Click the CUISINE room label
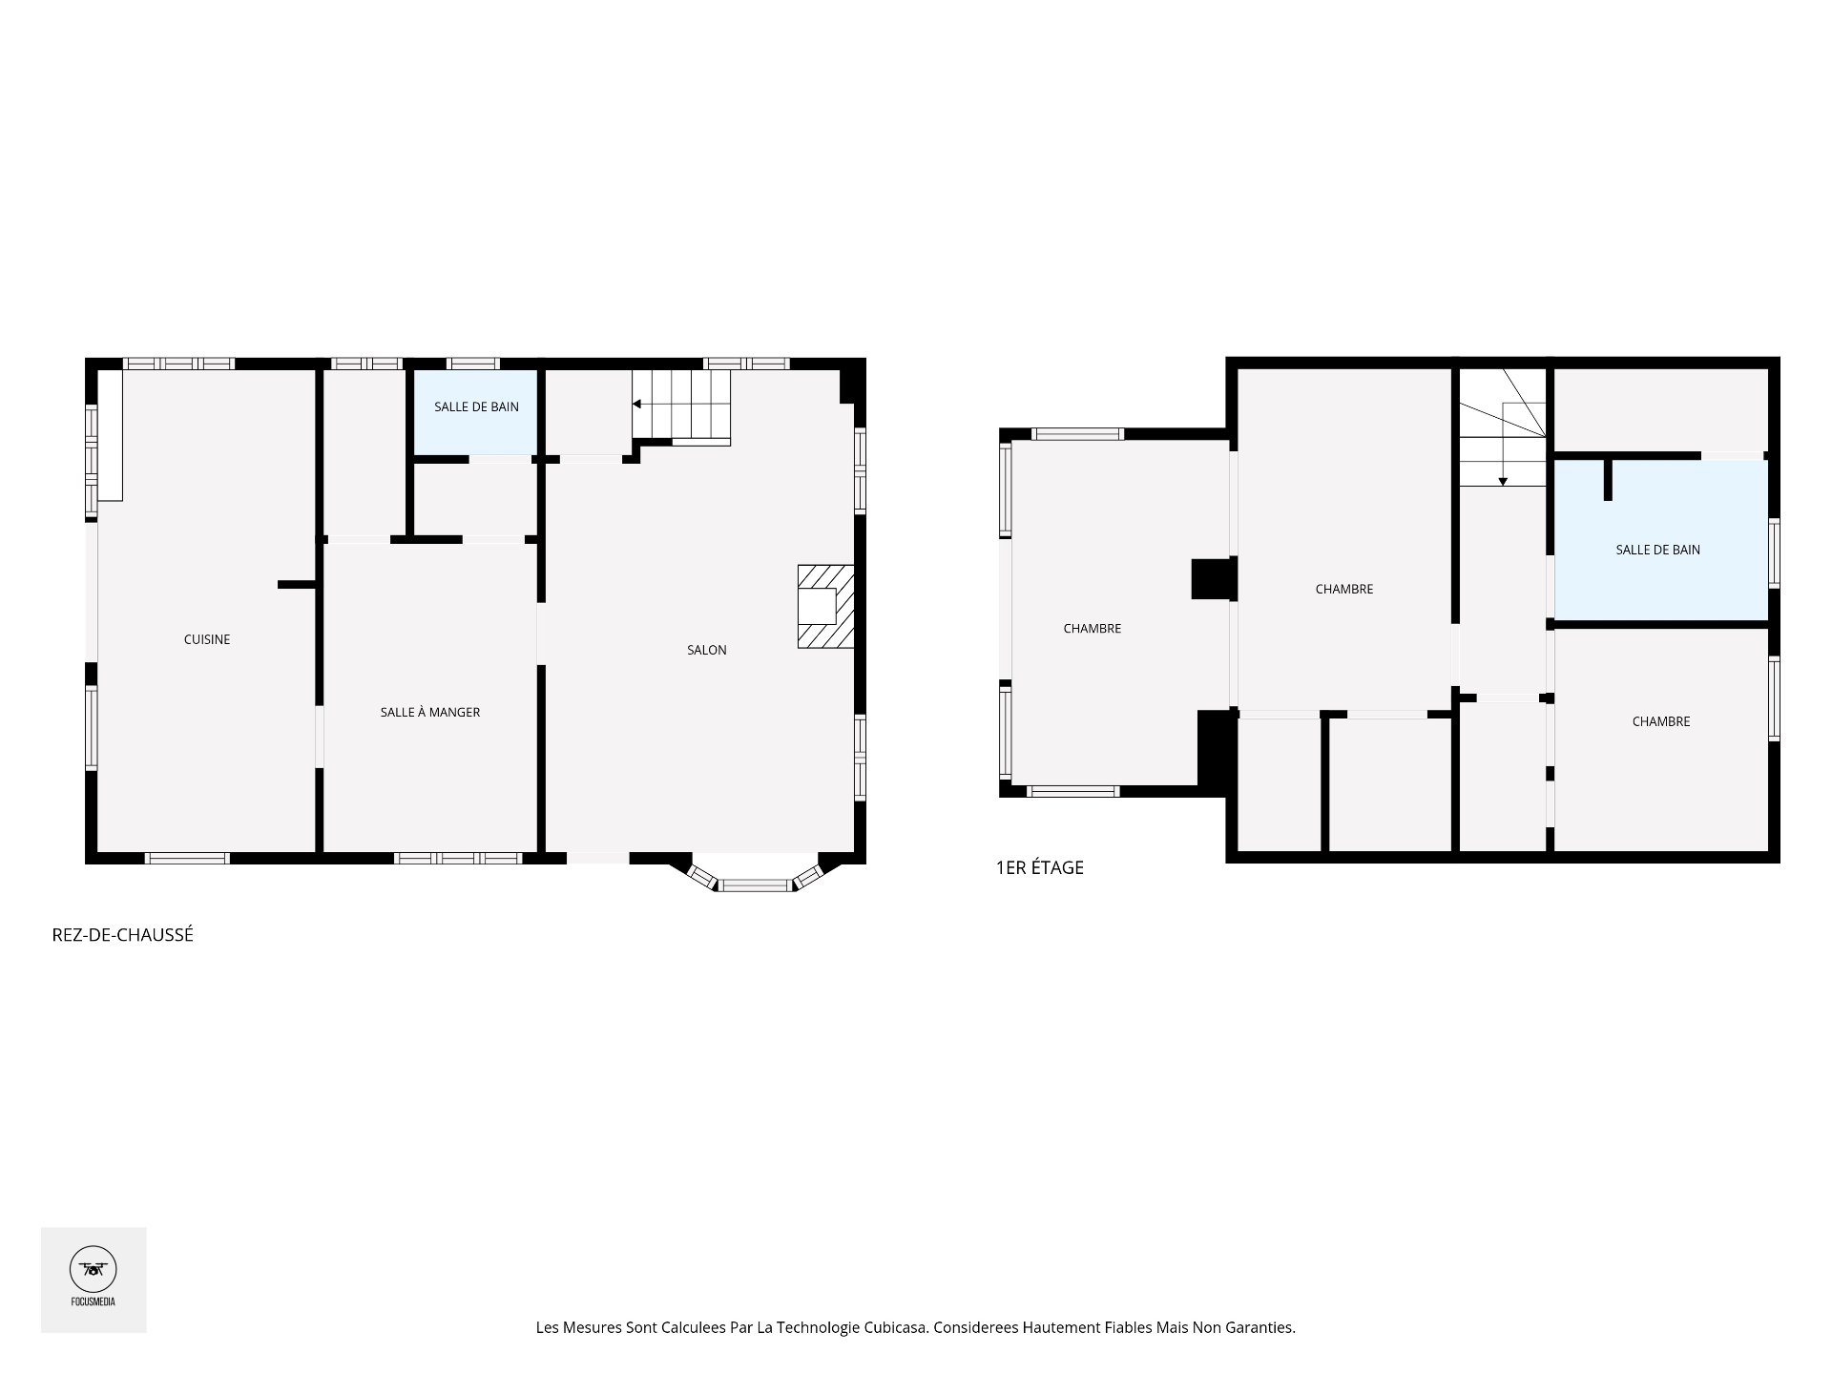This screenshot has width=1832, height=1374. tap(207, 639)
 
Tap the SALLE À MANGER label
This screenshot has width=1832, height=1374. tap(429, 712)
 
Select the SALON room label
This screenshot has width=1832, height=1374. tap(707, 650)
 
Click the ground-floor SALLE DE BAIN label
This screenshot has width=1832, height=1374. tap(476, 406)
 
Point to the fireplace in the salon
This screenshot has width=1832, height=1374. tap(825, 607)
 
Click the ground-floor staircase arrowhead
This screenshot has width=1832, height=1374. tap(636, 405)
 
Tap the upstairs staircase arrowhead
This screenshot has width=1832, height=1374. tap(1503, 481)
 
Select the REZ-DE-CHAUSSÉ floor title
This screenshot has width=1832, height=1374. tap(122, 935)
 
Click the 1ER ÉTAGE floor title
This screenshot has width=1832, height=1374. tap(1039, 867)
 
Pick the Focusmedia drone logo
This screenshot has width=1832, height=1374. tap(94, 1270)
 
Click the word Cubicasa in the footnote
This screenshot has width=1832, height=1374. tap(896, 1327)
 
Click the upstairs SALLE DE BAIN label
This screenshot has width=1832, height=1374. tap(1657, 550)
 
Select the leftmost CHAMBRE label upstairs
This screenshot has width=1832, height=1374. tap(1093, 628)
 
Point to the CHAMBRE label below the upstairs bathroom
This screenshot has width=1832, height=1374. tap(1661, 721)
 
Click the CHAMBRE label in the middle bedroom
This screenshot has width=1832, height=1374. tap(1344, 589)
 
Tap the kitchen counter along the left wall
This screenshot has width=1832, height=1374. tap(111, 435)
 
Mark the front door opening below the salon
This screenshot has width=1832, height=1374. tap(598, 858)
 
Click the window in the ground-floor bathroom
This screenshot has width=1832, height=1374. tap(473, 364)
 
